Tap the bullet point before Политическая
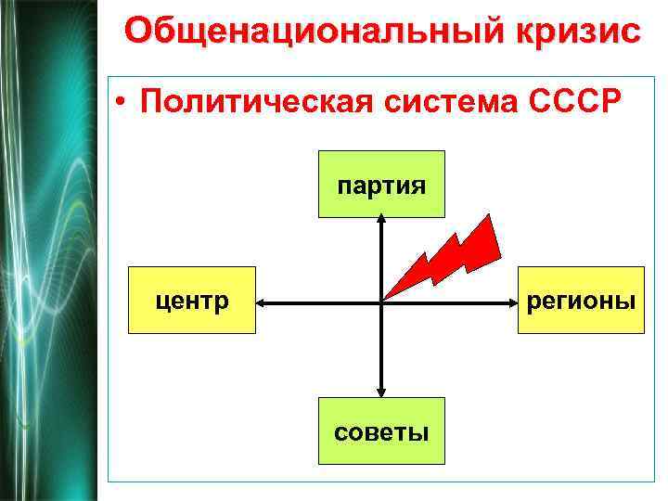point(122,102)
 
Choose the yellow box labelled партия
point(381,184)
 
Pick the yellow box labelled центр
point(192,300)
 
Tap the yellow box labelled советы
point(381,430)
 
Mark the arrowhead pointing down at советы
point(381,392)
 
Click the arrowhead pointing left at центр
point(263,302)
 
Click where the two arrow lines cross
point(381,302)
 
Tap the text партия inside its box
point(381,184)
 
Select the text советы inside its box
point(381,431)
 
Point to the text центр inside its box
point(192,301)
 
